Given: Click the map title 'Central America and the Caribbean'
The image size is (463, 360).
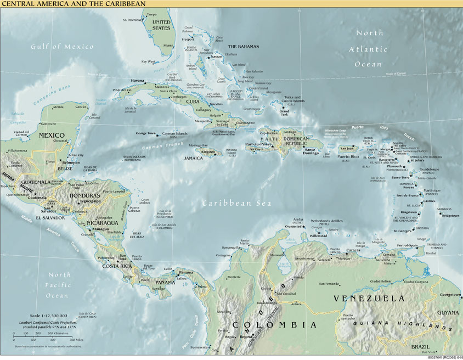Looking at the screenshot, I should (74, 4).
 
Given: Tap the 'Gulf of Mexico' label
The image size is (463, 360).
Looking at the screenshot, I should (62, 47).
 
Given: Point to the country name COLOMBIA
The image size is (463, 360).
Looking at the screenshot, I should (274, 325).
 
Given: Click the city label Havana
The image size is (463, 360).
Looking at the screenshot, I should (137, 81).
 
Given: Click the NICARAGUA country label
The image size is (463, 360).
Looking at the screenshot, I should (102, 223).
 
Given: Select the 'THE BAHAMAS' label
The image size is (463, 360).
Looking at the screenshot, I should (243, 47).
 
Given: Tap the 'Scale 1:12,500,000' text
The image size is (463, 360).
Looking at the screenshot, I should (42, 316).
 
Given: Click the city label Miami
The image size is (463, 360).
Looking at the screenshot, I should (168, 46).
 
